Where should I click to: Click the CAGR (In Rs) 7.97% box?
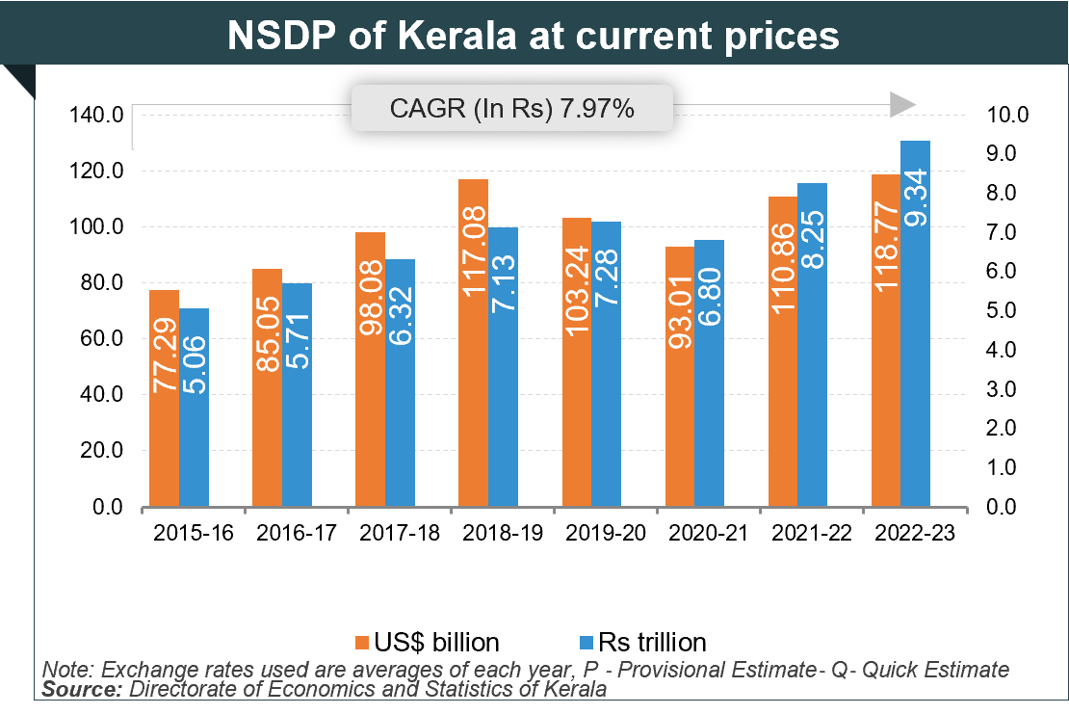[x=511, y=108]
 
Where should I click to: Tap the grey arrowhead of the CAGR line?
[x=901, y=105]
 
